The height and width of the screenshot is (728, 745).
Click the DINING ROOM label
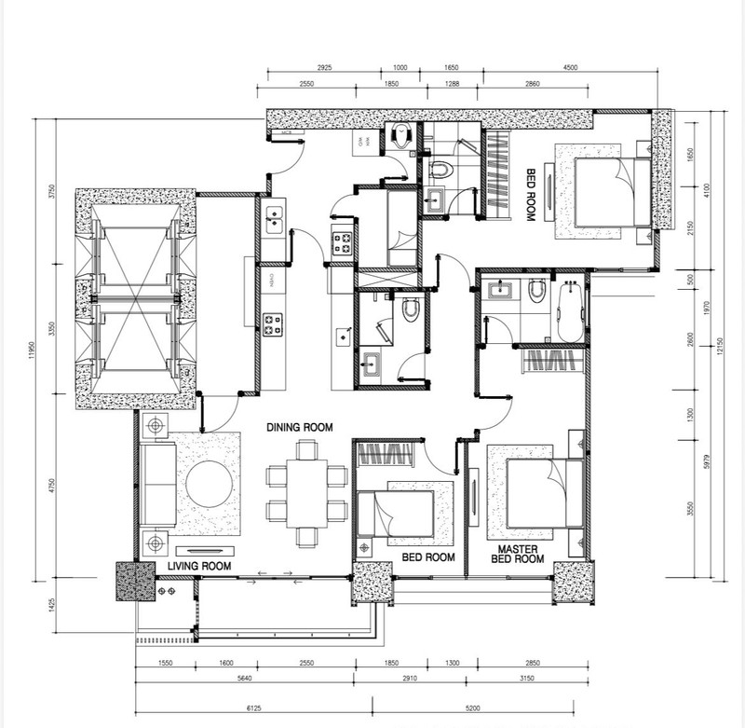click(x=299, y=427)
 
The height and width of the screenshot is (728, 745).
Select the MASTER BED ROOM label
click(x=520, y=555)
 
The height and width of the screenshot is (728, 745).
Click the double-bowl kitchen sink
click(x=275, y=219)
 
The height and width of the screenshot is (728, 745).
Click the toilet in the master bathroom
click(x=535, y=293)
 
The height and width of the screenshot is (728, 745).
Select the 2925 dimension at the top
click(x=323, y=69)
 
